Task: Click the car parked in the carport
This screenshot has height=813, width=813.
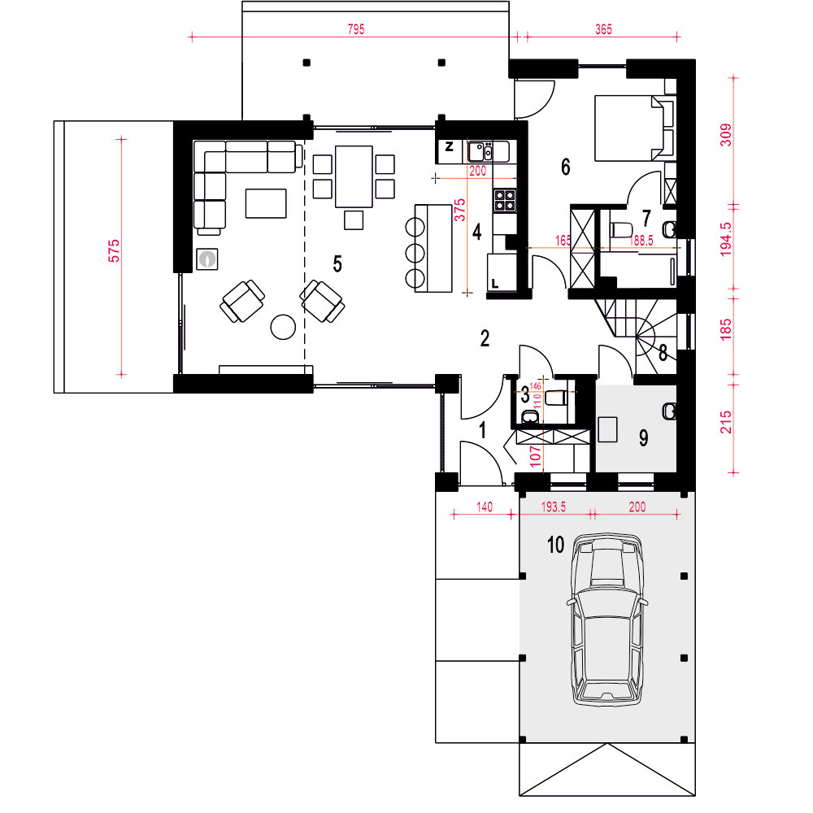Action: [606, 620]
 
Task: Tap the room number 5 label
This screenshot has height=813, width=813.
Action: [337, 264]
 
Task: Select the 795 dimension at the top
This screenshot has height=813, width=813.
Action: [356, 29]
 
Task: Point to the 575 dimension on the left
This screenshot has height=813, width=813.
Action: [114, 250]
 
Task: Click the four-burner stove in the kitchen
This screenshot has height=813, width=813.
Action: [505, 200]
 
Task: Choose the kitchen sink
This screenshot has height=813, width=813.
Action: [480, 152]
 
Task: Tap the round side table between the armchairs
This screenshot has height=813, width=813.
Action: [283, 327]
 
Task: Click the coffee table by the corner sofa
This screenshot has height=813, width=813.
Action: [266, 203]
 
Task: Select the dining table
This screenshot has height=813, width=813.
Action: [354, 176]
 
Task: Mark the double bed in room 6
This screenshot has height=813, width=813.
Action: [633, 128]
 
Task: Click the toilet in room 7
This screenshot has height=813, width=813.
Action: [620, 229]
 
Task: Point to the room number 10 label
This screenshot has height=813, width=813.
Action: [555, 545]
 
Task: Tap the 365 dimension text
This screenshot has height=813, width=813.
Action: [603, 29]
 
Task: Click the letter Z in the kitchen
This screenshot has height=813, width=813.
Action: [449, 146]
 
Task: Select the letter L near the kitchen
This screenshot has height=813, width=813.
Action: [494, 284]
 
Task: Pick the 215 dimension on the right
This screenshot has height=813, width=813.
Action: [726, 422]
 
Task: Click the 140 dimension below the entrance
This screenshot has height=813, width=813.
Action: [485, 506]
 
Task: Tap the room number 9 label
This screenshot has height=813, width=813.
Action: [643, 438]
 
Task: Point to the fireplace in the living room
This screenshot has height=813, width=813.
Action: [207, 259]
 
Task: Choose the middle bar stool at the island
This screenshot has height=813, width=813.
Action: [415, 253]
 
